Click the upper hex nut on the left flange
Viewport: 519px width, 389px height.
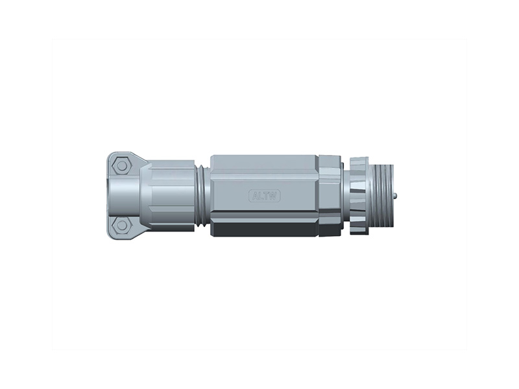pyautogui.click(x=120, y=165)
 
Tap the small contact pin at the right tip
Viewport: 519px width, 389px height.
pyautogui.click(x=395, y=194)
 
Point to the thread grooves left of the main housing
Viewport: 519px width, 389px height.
pyautogui.click(x=203, y=194)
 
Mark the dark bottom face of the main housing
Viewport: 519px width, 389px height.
pyautogui.click(x=263, y=230)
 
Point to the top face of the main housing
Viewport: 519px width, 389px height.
pyautogui.click(x=263, y=161)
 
